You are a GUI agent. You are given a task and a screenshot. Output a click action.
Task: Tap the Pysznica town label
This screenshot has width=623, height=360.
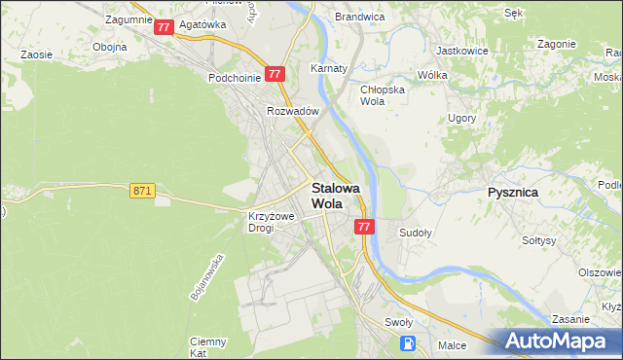click(x=512, y=193)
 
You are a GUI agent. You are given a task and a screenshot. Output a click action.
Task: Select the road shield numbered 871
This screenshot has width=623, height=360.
click(x=142, y=192)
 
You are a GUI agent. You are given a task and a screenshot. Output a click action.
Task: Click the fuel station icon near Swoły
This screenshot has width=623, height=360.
click(x=409, y=342)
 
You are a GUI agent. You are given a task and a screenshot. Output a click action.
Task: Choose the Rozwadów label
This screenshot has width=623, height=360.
click(x=293, y=111)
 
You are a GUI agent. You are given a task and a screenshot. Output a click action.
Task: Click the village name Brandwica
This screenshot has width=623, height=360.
click(x=359, y=17)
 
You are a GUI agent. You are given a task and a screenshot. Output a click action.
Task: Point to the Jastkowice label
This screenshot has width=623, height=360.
click(x=462, y=49)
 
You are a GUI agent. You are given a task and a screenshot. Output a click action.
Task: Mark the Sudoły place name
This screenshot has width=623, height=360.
click(x=416, y=234)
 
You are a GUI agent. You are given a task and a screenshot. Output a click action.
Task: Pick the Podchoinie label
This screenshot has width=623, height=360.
click(x=232, y=77)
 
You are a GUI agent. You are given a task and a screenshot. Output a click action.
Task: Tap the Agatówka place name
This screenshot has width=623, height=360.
click(x=202, y=25)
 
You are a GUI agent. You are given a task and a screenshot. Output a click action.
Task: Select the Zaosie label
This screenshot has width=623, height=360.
click(x=36, y=55)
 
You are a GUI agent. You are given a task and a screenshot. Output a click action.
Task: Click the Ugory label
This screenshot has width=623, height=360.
click(x=461, y=117)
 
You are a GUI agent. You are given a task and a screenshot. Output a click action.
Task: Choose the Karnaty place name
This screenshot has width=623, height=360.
click(x=329, y=69)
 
